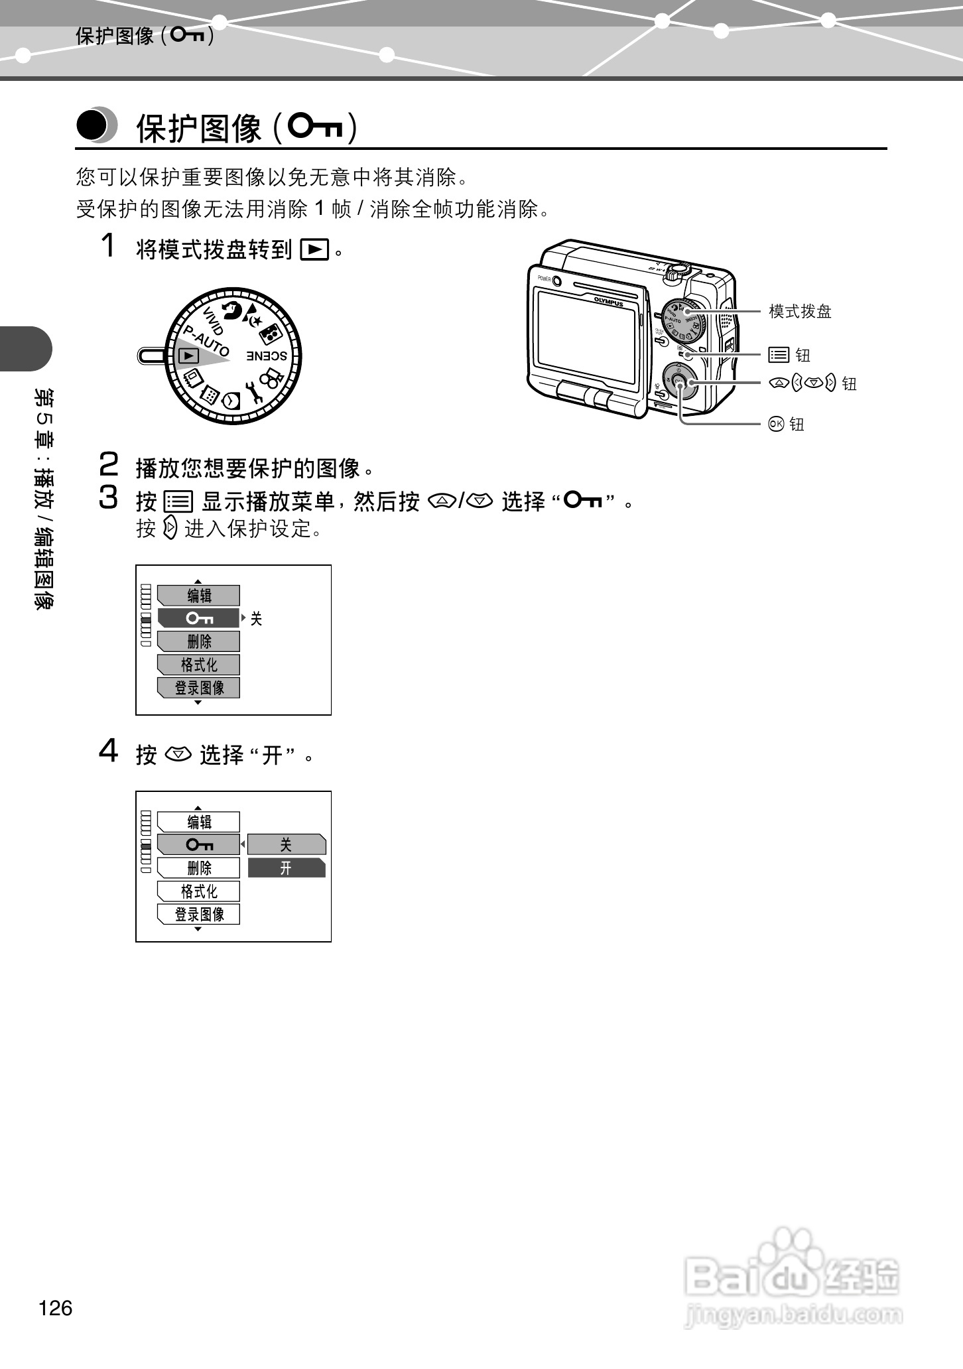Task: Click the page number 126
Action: (56, 1308)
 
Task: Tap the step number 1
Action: (108, 245)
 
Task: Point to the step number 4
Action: (108, 751)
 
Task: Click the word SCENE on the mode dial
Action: (267, 356)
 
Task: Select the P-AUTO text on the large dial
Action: (206, 341)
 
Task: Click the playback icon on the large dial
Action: (189, 356)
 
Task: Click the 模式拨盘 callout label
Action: (800, 311)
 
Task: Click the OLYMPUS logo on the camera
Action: (608, 300)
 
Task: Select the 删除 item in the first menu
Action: (199, 641)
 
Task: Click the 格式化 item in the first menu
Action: (199, 665)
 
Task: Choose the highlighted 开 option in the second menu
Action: (287, 868)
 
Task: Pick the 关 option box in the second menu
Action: (287, 844)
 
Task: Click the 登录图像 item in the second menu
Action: (199, 914)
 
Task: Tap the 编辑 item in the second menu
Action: (199, 822)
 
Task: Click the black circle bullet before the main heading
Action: (92, 125)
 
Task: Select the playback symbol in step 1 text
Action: (314, 250)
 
